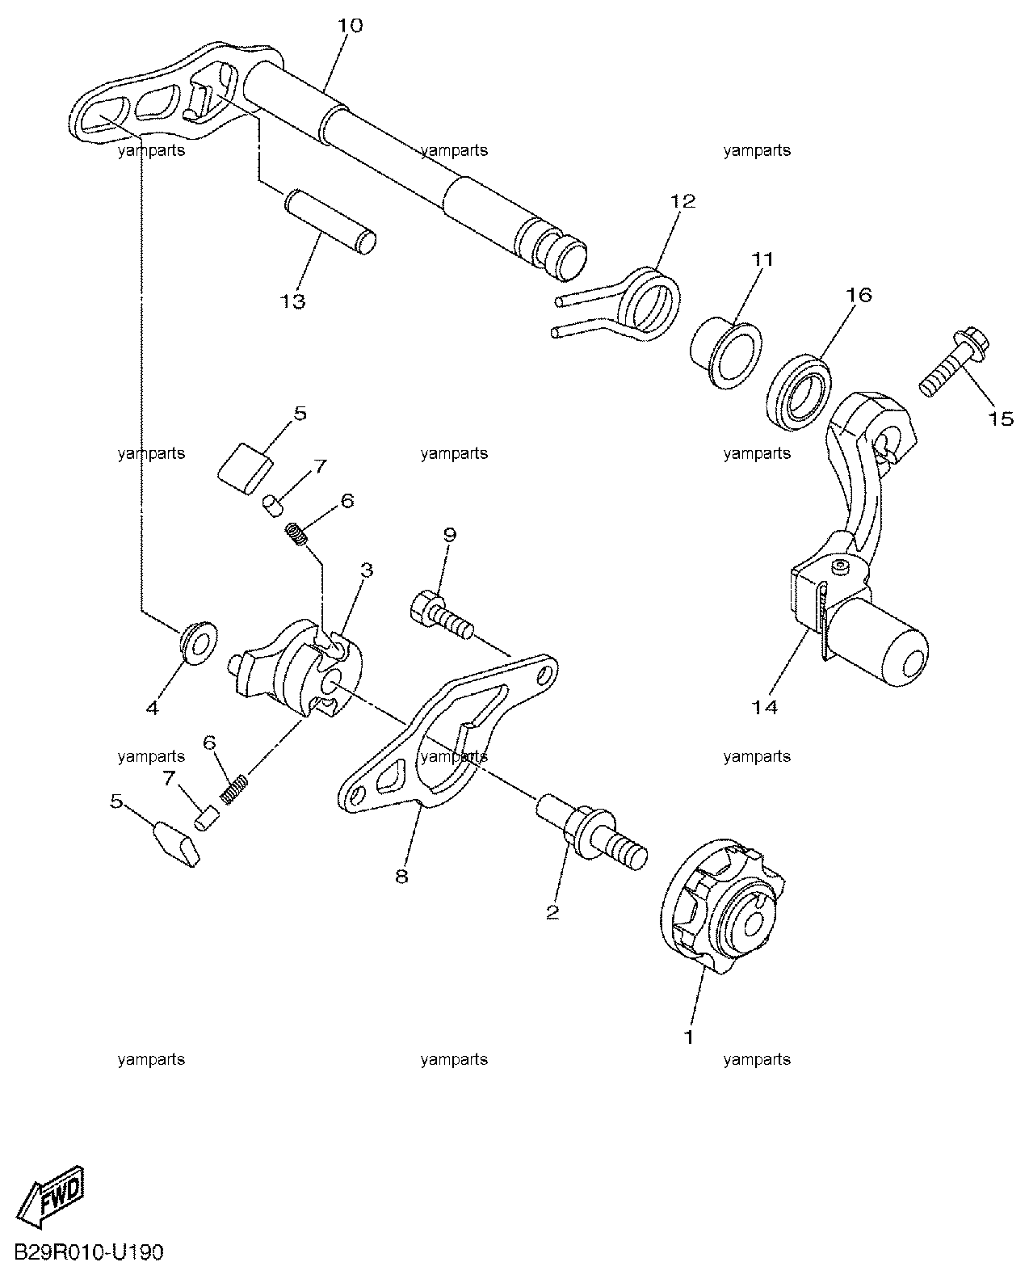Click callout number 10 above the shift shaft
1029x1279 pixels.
click(x=350, y=26)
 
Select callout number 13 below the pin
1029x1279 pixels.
click(x=292, y=301)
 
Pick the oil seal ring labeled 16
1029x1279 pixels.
click(x=799, y=393)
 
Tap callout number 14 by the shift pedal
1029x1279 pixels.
click(x=764, y=707)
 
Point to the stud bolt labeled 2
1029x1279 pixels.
click(x=592, y=831)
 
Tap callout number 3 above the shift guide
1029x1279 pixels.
click(x=367, y=570)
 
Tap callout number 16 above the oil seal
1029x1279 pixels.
click(x=859, y=295)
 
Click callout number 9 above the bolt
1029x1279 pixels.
click(x=450, y=535)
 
